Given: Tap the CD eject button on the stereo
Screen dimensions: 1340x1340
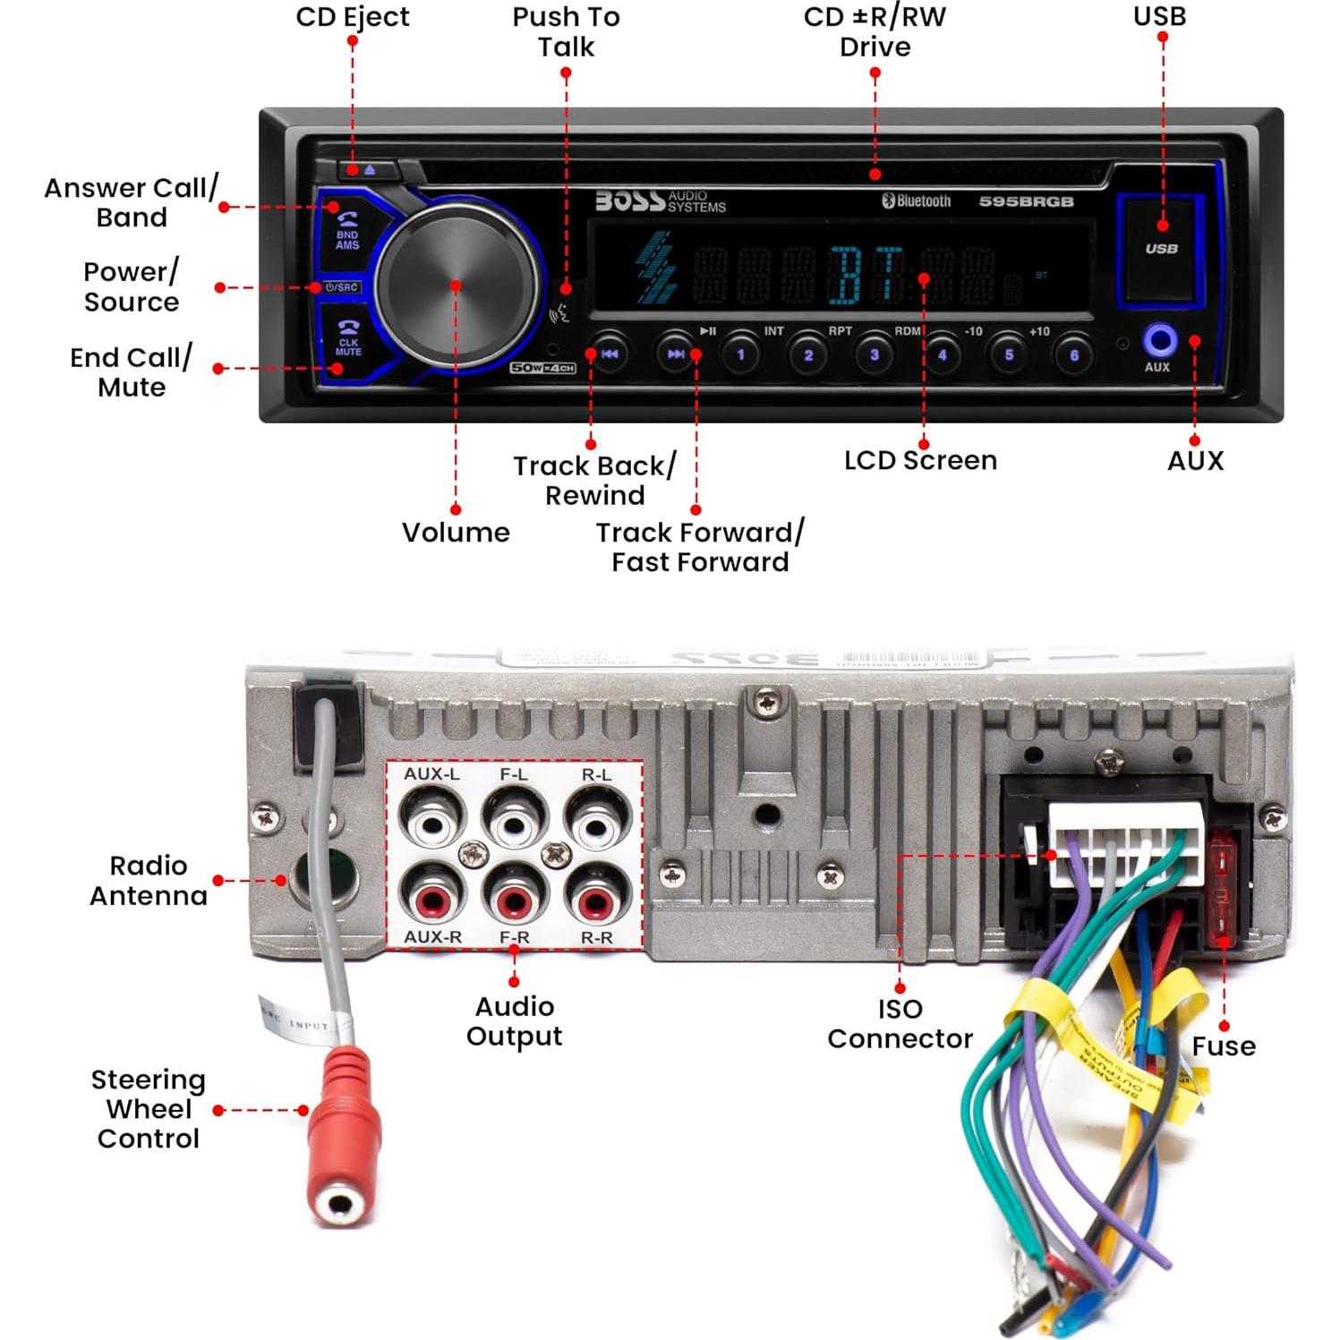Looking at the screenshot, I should [x=369, y=169].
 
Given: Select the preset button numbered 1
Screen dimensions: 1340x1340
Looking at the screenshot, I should [x=740, y=354].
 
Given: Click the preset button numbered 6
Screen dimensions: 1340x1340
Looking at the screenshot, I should [x=1074, y=354].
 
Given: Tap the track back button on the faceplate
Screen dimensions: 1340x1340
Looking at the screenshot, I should [x=610, y=354].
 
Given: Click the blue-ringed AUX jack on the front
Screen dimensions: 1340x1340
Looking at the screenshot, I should [x=1160, y=341].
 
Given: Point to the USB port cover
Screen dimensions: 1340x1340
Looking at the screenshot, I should [x=1161, y=248].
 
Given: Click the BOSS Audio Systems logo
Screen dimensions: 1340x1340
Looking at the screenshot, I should [x=661, y=201].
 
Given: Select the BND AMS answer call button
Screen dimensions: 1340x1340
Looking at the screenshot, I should [x=347, y=231].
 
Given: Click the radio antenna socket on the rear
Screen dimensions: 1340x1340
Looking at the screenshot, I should [x=325, y=878].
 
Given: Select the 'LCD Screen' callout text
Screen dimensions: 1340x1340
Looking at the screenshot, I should [x=920, y=460].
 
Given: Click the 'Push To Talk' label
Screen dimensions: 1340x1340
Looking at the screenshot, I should [x=566, y=31].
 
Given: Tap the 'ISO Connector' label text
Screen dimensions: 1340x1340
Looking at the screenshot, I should [x=900, y=1023].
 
